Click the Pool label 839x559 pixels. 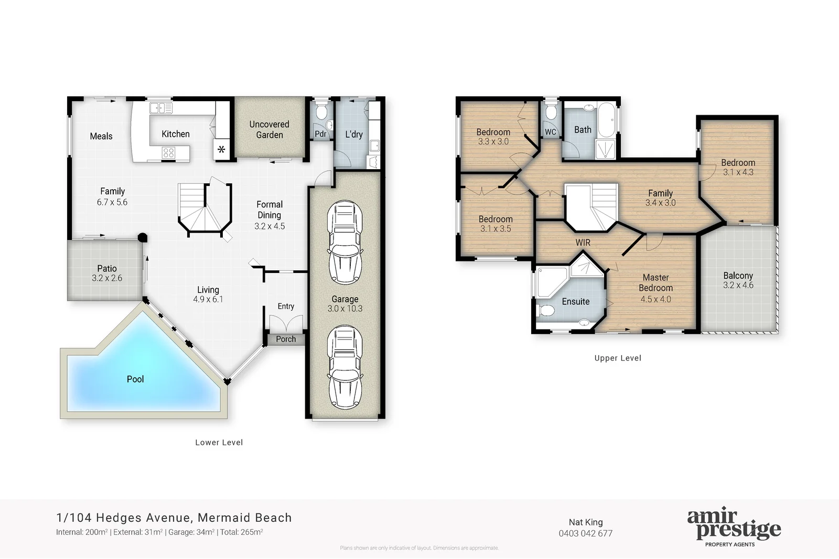[135, 379]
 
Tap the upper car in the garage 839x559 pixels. [345, 243]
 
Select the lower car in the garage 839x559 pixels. [345, 367]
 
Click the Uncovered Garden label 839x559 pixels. [269, 129]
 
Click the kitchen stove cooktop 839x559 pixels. [168, 152]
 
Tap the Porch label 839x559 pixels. [286, 339]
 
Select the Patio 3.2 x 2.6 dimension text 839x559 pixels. [107, 278]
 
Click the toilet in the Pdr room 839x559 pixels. [321, 112]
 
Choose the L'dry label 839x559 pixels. [354, 134]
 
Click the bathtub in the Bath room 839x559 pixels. [608, 120]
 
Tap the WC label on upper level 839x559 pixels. [550, 132]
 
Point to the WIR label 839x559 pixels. [583, 243]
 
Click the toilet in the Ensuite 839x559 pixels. [546, 310]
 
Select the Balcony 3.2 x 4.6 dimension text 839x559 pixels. [738, 286]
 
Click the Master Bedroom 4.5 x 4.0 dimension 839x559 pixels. [655, 299]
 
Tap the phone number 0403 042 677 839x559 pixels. [585, 533]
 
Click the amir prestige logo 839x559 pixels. [734, 527]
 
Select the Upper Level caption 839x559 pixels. [618, 358]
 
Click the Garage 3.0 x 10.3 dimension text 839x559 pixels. [345, 309]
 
